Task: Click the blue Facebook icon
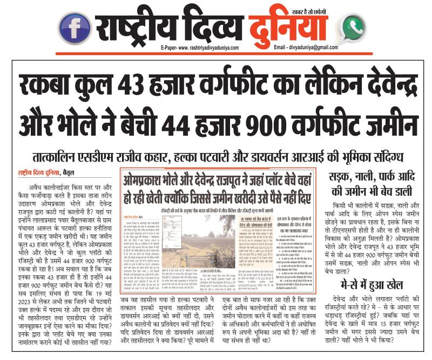[75, 27]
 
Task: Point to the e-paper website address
[199, 48]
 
